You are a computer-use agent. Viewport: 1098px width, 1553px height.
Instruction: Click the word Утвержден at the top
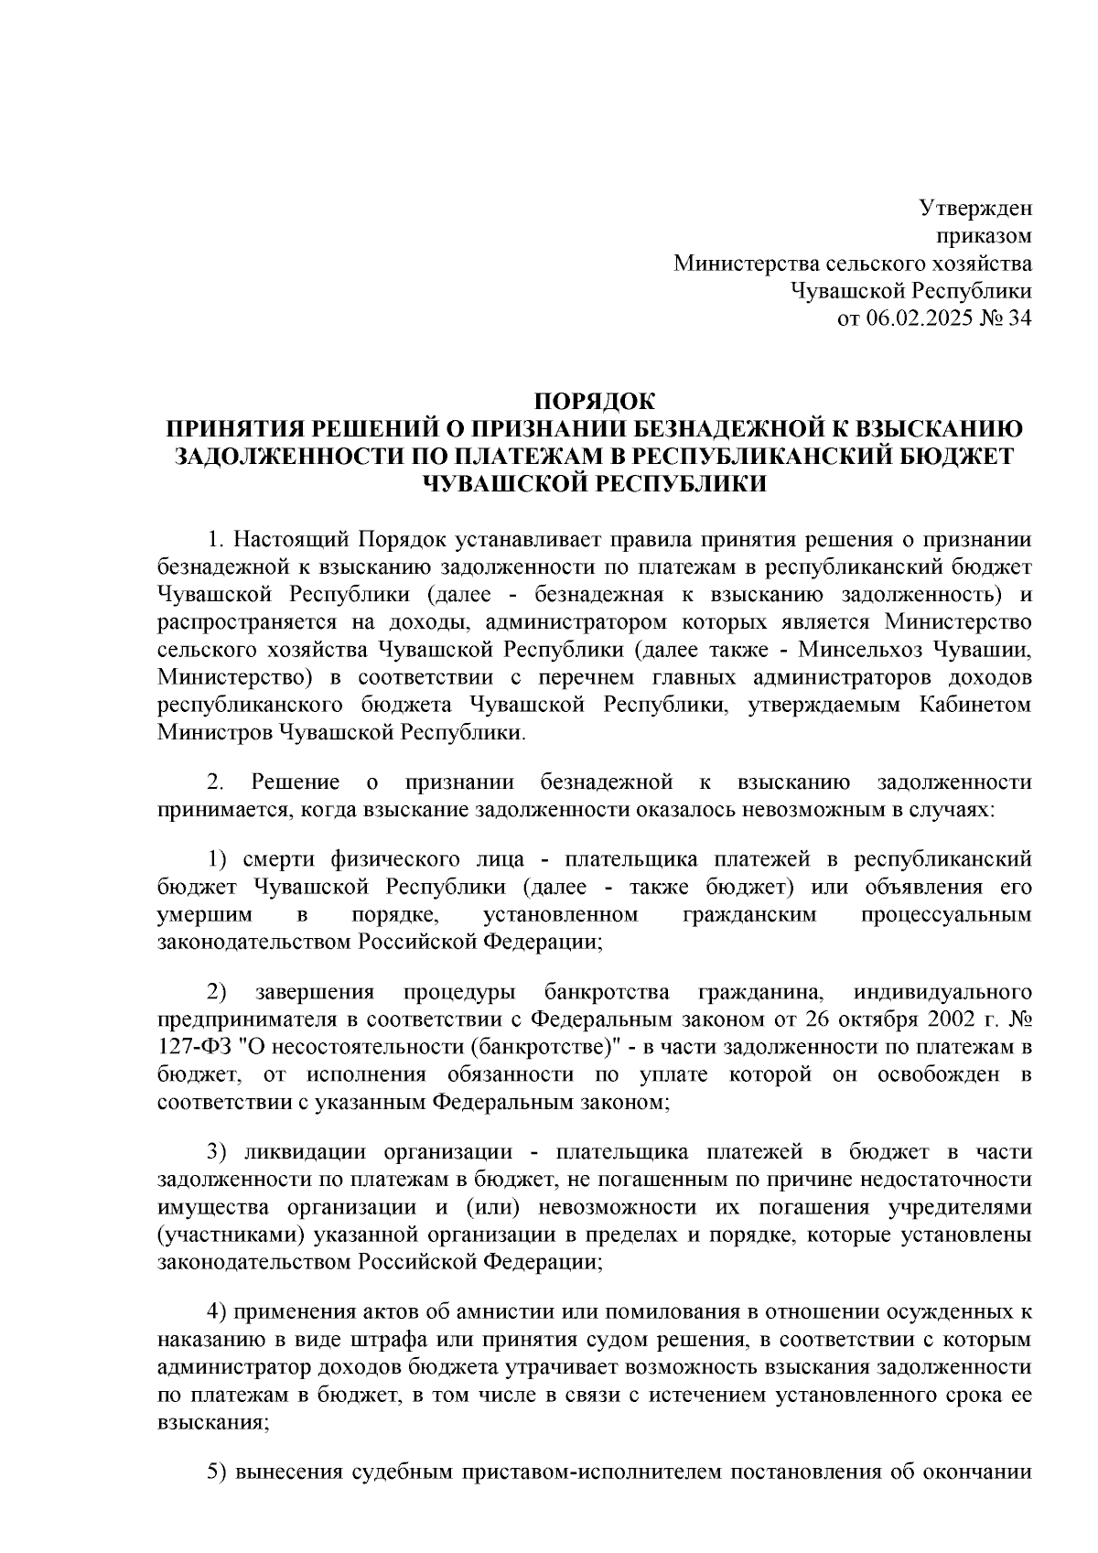coord(974,209)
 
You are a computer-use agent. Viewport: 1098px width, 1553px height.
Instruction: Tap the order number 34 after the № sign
coord(1019,319)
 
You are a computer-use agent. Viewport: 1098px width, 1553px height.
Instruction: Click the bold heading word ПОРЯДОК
coord(595,402)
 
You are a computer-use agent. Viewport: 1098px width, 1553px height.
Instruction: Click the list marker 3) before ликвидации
coord(217,1153)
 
